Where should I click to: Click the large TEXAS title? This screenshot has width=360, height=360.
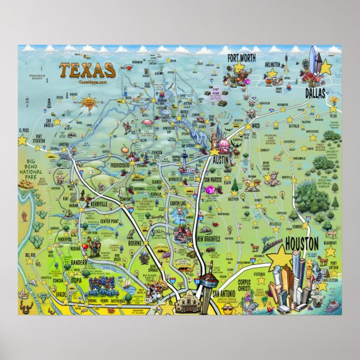click(x=87, y=70)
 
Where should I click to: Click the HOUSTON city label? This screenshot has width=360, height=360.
click(x=302, y=243)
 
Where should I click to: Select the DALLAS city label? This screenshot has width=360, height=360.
click(x=314, y=93)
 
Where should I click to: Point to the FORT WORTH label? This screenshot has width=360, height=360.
click(x=245, y=58)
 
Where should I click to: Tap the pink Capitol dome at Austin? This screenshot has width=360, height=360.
click(x=225, y=146)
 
